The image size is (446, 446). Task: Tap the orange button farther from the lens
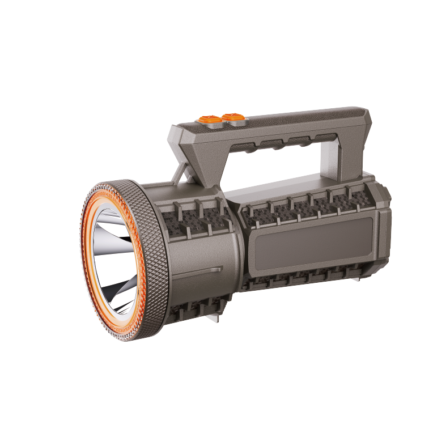[x=233, y=118]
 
